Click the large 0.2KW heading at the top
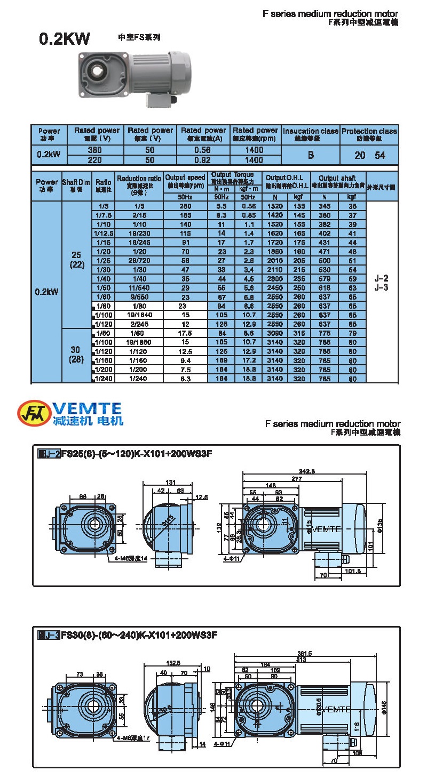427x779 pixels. click(65, 39)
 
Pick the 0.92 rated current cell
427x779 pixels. click(203, 159)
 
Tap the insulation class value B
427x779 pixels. click(310, 155)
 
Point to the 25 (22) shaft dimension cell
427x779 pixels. click(77, 260)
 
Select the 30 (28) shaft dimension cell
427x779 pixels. click(77, 355)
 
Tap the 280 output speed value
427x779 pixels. click(185, 205)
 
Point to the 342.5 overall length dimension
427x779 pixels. click(305, 471)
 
